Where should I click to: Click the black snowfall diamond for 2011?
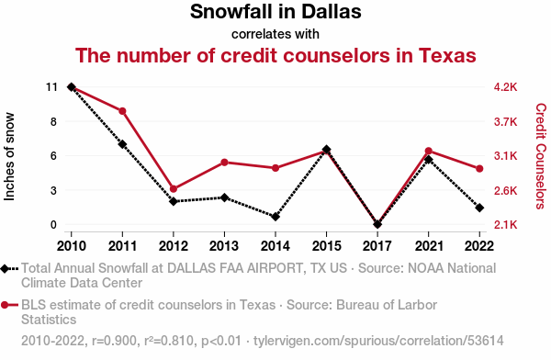tap(122, 144)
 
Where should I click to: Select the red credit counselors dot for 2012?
tap(174, 189)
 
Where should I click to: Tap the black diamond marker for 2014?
tap(275, 217)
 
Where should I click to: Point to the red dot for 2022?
tap(479, 169)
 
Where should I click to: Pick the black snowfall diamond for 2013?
tap(225, 197)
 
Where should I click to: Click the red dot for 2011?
tap(122, 111)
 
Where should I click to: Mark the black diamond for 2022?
tap(479, 208)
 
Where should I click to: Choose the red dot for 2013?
tap(225, 163)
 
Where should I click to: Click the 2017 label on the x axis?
tap(377, 246)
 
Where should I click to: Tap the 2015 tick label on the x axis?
tap(326, 246)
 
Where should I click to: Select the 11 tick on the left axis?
tap(51, 87)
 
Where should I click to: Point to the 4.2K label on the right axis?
tap(505, 87)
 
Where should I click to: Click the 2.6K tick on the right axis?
tap(505, 190)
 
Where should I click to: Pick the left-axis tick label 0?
tap(53, 224)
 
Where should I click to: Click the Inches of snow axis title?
tap(9, 157)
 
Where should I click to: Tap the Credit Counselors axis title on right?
tap(541, 156)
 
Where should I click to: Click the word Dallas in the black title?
tap(331, 11)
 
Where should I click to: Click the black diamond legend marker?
tap(5, 269)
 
